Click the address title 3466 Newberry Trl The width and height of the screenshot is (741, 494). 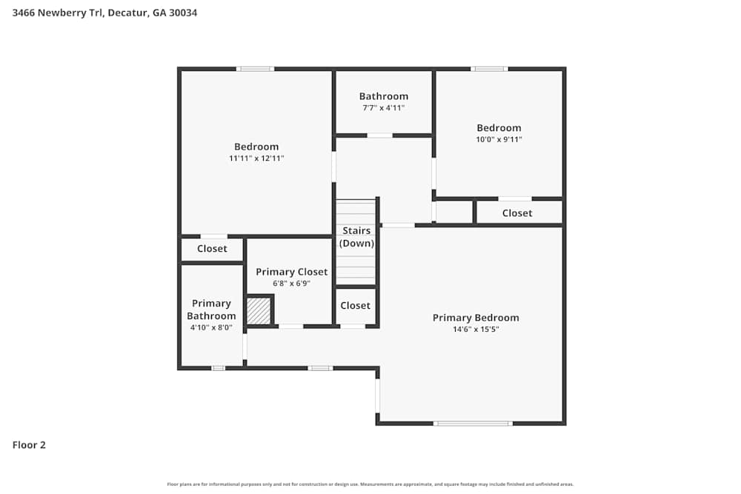click(x=104, y=13)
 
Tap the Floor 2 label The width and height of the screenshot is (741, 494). click(x=29, y=445)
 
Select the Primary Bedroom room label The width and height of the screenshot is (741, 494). click(x=476, y=318)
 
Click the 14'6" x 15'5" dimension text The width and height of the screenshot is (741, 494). click(x=476, y=330)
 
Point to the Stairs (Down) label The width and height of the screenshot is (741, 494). click(x=356, y=237)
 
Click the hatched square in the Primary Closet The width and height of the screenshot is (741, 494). click(x=259, y=310)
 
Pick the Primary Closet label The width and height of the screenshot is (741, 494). click(x=291, y=272)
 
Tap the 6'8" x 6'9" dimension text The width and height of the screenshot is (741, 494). click(x=291, y=283)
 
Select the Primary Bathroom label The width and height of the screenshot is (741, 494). click(x=211, y=310)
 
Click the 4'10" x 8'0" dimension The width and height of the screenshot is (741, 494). click(x=211, y=327)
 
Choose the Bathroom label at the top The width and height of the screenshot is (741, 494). click(x=383, y=96)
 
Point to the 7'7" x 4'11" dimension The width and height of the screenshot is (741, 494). click(x=383, y=108)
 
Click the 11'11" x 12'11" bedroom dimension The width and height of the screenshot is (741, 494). click(x=256, y=158)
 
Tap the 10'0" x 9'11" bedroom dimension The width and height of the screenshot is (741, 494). click(x=499, y=139)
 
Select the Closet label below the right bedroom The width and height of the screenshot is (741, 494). click(x=516, y=213)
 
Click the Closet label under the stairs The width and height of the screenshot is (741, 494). click(x=355, y=306)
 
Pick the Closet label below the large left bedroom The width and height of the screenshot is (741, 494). click(x=212, y=249)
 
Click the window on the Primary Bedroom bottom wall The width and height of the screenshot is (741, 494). click(x=473, y=423)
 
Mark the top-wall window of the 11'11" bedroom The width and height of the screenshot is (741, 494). click(x=255, y=69)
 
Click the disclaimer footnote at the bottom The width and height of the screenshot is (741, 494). click(x=370, y=484)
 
